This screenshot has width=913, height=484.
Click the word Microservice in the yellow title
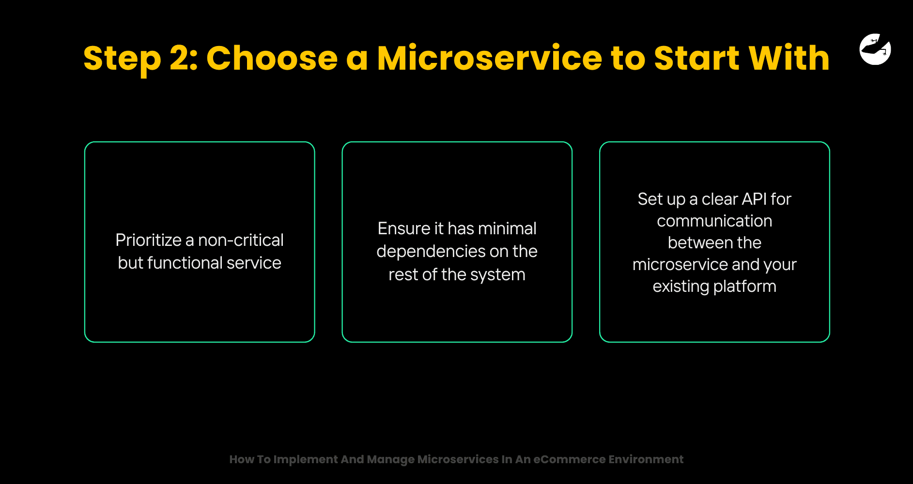490,58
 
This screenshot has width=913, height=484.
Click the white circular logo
875,49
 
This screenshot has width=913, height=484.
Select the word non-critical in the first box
241,240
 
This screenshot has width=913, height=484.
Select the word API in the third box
754,199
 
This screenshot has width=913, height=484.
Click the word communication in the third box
714,221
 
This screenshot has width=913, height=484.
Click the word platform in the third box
745,287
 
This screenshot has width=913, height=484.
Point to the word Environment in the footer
646,459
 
